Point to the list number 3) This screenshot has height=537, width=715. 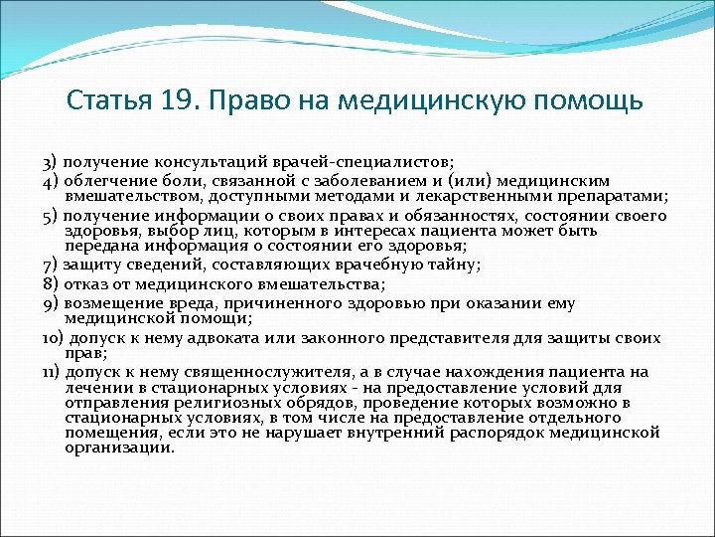(52, 161)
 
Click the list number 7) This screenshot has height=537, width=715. (52, 264)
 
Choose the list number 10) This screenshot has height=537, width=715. (54, 338)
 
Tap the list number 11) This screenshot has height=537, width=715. (54, 372)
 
